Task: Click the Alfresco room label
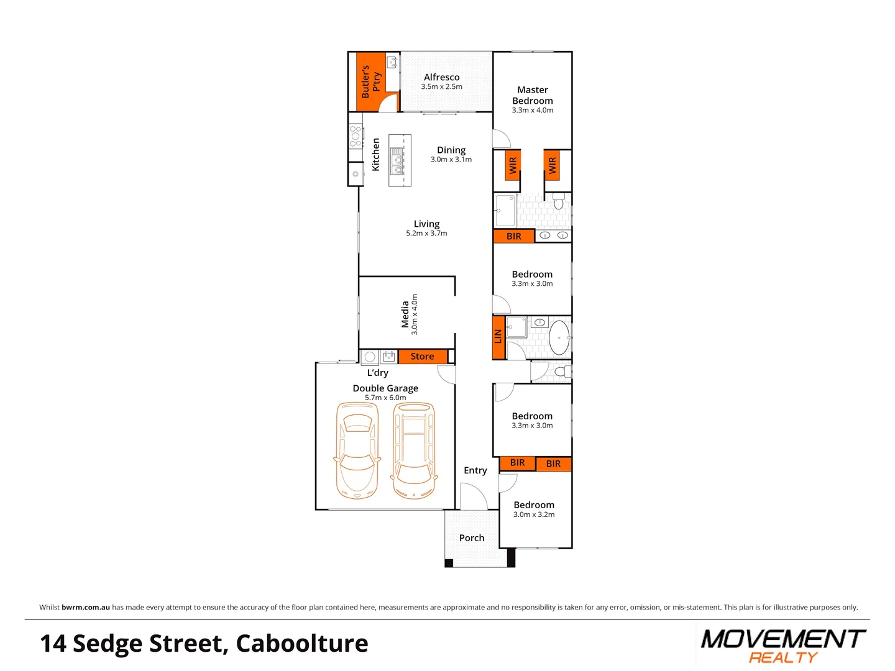click(x=442, y=78)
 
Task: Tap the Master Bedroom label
click(x=533, y=95)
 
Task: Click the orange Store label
click(x=423, y=357)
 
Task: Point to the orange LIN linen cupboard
click(x=498, y=337)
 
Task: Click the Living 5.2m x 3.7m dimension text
click(x=426, y=234)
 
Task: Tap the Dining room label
click(x=451, y=150)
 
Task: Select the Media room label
click(x=405, y=314)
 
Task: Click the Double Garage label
click(x=385, y=388)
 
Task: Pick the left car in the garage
click(x=357, y=450)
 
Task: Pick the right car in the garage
click(x=414, y=450)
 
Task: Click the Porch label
click(x=472, y=538)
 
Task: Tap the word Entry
click(x=475, y=470)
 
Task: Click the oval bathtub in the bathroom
click(x=559, y=337)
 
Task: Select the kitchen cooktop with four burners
click(x=356, y=136)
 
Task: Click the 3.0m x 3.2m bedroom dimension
click(x=534, y=514)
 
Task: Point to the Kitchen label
click(x=375, y=155)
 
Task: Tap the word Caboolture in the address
click(x=302, y=644)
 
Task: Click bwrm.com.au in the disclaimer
click(x=86, y=608)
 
